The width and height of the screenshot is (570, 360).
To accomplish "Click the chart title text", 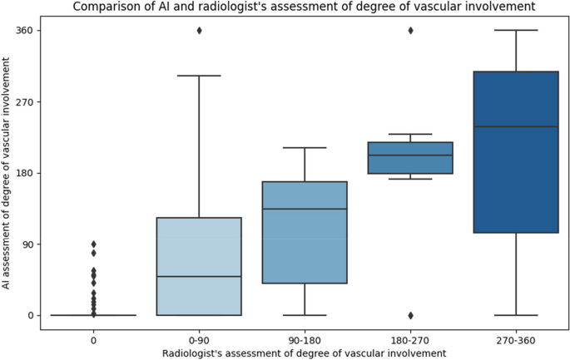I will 303,7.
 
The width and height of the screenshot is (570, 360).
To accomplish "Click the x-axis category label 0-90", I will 199,340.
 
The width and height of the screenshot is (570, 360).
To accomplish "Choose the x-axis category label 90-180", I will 305,340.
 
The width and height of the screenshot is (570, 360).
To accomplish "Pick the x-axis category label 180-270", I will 410,340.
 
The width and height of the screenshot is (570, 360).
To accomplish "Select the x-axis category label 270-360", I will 516,340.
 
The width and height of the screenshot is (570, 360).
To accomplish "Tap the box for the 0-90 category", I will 199,266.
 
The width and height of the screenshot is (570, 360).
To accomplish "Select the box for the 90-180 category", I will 305,233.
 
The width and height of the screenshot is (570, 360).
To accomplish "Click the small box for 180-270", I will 410,158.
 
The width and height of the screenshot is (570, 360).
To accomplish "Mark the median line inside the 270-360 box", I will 516,126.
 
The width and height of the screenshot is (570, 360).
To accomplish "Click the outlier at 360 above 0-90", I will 199,31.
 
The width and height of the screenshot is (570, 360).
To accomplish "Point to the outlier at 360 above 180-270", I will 410,31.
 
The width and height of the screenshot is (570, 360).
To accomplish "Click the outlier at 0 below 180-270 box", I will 410,315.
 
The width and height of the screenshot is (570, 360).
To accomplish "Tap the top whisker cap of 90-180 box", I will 305,148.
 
